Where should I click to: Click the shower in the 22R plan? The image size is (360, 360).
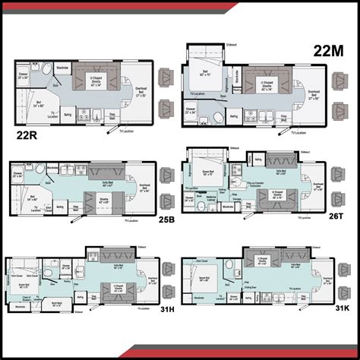[x=22, y=77]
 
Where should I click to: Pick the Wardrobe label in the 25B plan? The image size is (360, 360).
[x=53, y=167]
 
